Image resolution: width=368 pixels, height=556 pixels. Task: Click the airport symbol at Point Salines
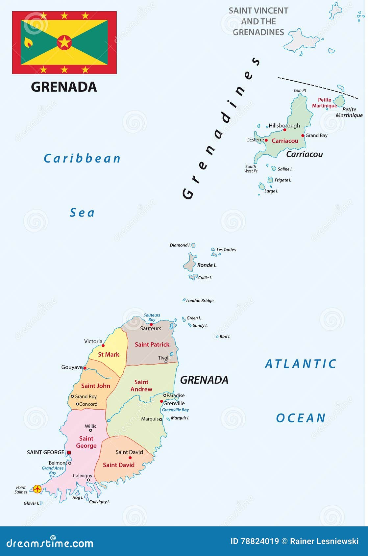(37, 489)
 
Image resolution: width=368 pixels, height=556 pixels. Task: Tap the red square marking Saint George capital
(69, 453)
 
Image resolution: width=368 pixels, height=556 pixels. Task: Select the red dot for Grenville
(161, 401)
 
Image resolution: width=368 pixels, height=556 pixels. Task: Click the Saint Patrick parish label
(152, 344)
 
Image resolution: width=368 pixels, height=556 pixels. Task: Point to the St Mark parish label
(109, 354)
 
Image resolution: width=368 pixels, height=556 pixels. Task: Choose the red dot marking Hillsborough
(285, 130)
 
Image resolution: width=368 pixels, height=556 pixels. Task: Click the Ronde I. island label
(207, 265)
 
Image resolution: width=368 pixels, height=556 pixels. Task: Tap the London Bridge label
(200, 301)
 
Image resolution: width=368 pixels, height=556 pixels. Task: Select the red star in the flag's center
(64, 42)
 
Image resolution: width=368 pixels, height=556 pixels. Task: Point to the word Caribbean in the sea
(82, 159)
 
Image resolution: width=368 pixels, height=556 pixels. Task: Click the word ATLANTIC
(301, 364)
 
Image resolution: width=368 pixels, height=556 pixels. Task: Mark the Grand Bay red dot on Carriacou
(303, 136)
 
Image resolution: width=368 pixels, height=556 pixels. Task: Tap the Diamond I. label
(180, 245)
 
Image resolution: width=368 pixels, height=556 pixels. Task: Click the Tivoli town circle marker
(166, 362)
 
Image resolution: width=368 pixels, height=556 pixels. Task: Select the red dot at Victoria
(103, 345)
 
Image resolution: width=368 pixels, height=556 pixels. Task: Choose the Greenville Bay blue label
(175, 410)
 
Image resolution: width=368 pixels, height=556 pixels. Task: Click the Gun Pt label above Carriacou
(300, 90)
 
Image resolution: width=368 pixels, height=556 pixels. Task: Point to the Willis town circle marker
(90, 430)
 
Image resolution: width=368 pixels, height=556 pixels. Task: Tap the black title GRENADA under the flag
(64, 87)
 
